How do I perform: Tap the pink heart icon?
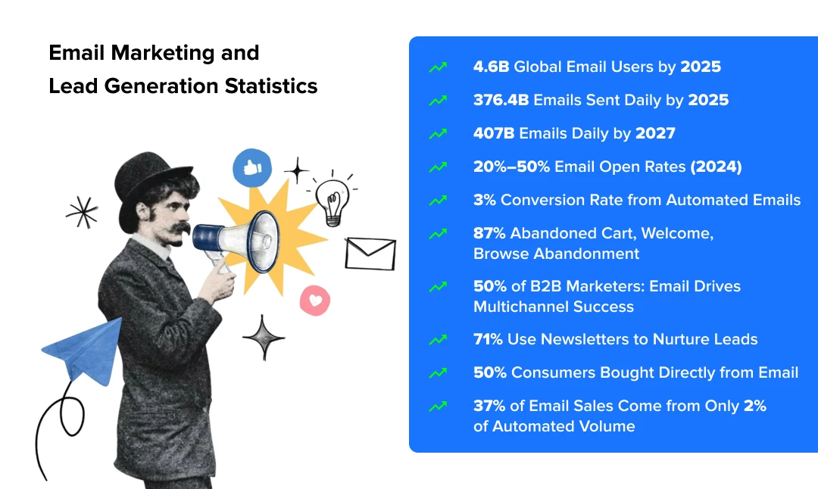tap(314, 301)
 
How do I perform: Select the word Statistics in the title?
tap(271, 86)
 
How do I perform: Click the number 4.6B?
tap(491, 67)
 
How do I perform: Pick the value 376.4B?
tap(501, 100)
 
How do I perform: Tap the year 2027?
tap(655, 133)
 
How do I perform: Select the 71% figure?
tap(488, 339)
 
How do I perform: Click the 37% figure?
tap(489, 406)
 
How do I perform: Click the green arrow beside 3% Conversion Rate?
tap(438, 201)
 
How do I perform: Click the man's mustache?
tap(176, 228)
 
